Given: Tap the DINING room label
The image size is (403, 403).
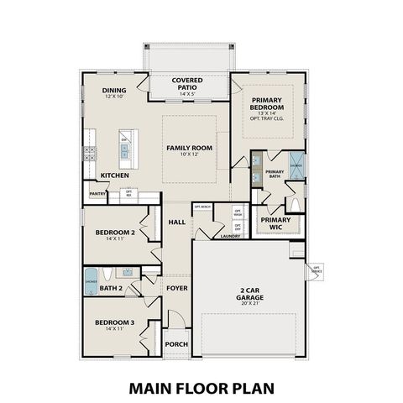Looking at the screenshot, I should coord(113,92).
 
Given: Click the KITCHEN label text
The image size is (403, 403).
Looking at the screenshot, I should coord(114,175).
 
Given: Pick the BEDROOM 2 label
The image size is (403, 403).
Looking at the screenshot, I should coord(115,234).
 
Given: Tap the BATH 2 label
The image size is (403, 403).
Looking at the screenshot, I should coord(112,288).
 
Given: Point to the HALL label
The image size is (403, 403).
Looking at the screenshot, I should coord(176,222).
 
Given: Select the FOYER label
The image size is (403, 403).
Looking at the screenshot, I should coord(176,288).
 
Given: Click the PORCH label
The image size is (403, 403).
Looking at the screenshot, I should coord(175,344).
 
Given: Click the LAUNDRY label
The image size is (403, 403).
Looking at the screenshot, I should coord(230,237).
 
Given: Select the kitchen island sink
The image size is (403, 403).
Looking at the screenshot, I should coord(124,151).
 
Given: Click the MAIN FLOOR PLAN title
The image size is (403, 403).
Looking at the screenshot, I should coord(201,388).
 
